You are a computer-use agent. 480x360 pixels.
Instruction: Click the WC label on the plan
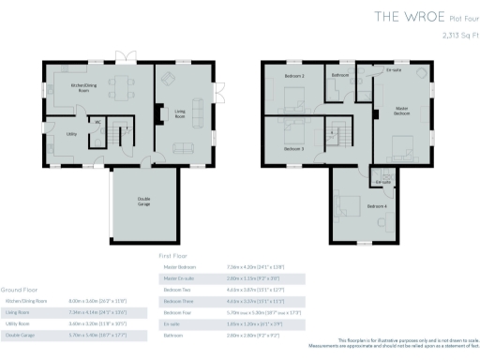(97, 122)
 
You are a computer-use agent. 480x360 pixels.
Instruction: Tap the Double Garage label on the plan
(145, 200)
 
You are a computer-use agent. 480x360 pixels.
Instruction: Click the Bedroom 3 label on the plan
(294, 148)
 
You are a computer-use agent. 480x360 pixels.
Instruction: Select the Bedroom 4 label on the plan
(377, 205)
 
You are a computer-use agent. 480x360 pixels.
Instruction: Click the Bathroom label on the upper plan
(340, 75)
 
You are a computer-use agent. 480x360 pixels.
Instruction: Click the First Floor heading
(173, 254)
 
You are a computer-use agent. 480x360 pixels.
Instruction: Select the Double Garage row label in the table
(22, 335)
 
